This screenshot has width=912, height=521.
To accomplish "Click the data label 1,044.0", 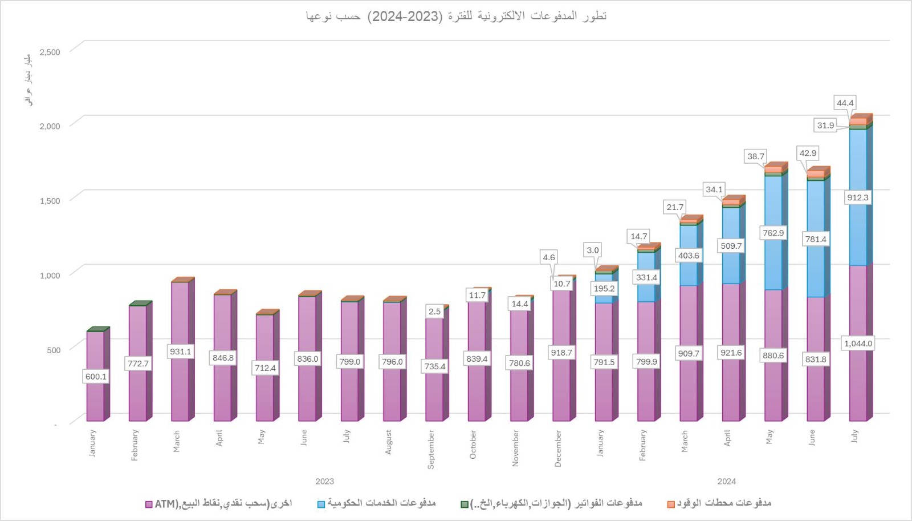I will tap(858, 344).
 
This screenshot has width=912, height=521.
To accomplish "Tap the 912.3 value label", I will tap(858, 197).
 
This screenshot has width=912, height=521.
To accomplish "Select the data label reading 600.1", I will tap(96, 377).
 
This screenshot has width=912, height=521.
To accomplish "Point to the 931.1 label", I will tap(181, 352).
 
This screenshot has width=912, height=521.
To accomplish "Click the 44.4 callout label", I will tap(845, 103).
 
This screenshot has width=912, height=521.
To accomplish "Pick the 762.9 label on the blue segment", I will tap(773, 233).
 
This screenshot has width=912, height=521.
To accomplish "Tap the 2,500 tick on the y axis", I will tap(50, 52).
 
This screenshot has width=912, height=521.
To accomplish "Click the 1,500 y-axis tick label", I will tap(50, 201).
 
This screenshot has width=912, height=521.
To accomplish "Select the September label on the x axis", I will tap(431, 450).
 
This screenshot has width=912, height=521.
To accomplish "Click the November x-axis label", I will tap(515, 448).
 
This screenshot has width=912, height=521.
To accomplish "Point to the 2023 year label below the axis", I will tap(324, 482).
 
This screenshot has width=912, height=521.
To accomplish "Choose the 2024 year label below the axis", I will tap(726, 482).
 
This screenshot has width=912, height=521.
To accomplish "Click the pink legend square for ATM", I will tap(149, 504).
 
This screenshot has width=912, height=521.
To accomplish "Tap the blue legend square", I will tap(321, 504).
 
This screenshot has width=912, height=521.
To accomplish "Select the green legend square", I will tap(465, 504).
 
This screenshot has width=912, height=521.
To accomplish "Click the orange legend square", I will tap(671, 504).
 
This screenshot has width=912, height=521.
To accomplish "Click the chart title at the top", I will tap(456, 16).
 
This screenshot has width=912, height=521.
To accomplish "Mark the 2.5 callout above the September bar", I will tap(434, 312).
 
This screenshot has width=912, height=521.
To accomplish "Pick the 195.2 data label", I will tap(604, 289).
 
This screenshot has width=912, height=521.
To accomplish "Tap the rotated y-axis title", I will tap(27, 80).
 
